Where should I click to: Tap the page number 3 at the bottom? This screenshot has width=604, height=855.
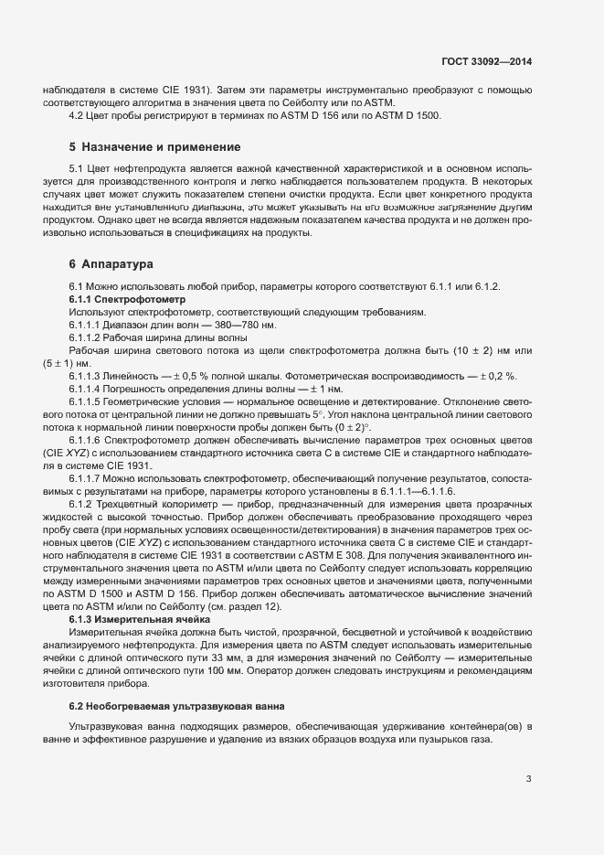[x=528, y=780]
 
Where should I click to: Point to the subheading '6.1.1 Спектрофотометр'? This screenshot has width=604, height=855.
[x=127, y=300]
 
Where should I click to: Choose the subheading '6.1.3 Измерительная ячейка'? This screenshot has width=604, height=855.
[x=140, y=619]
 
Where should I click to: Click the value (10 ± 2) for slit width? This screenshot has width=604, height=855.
[x=486, y=351]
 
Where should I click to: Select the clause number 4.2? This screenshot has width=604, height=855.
[x=77, y=115]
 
